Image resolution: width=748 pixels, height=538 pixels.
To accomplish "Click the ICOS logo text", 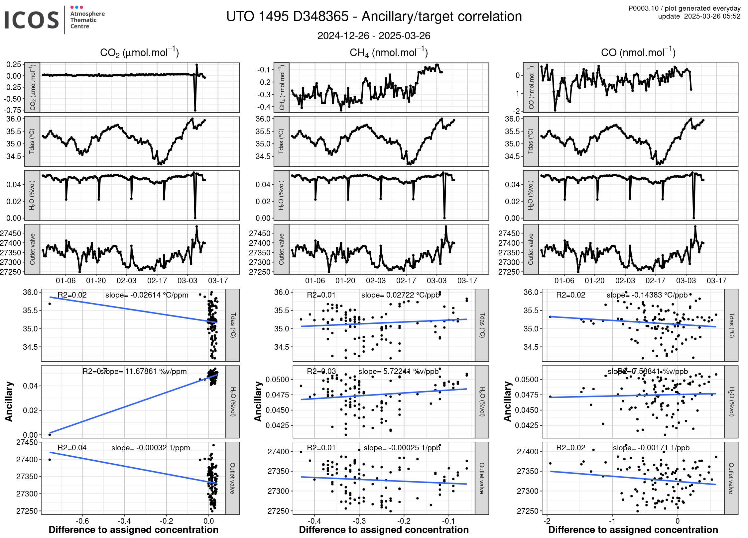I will click(32, 20).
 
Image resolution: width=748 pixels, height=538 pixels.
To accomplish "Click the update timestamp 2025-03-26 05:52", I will click(712, 16).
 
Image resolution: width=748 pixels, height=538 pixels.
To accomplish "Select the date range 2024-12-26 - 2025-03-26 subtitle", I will click(374, 36).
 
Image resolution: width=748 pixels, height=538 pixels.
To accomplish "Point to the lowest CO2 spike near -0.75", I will click(195, 110).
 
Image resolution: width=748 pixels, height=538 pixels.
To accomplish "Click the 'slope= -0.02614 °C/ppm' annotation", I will click(147, 295).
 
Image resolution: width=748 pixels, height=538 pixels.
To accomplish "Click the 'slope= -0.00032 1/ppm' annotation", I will click(151, 448).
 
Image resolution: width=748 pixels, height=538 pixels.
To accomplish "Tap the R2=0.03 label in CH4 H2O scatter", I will click(321, 371).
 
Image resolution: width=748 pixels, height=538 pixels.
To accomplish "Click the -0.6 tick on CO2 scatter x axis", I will click(82, 521).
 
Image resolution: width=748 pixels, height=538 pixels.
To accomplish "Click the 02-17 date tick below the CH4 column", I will click(406, 281).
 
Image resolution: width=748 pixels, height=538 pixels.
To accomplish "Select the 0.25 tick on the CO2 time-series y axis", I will click(14, 64).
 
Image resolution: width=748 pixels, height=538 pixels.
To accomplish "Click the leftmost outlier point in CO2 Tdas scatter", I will click(50, 304).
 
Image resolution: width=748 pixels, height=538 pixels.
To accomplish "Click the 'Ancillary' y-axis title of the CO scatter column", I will click(507, 402).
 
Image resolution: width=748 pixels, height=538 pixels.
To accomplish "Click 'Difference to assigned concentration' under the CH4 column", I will click(384, 530).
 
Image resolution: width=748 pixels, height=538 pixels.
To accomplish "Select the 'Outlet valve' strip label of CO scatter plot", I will click(731, 478).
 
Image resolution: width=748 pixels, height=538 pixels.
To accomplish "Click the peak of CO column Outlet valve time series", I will click(695, 226).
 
